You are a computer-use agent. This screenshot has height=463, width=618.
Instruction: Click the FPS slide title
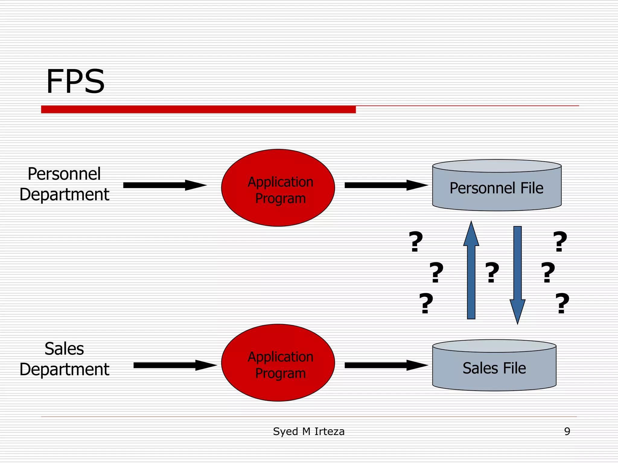pyautogui.click(x=75, y=81)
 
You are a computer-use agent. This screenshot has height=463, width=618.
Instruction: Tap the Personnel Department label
pyautogui.click(x=64, y=184)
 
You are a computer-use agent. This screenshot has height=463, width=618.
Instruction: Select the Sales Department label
pyautogui.click(x=64, y=359)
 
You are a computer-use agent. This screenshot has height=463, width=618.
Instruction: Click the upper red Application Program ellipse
pyautogui.click(x=278, y=188)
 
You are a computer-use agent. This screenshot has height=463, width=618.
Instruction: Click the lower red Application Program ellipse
pyautogui.click(x=278, y=363)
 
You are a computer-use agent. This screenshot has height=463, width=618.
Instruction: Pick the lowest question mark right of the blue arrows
pyautogui.click(x=562, y=303)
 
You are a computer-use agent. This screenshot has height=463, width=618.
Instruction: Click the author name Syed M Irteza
pyautogui.click(x=308, y=431)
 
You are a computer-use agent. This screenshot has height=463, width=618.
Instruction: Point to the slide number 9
pyautogui.click(x=567, y=431)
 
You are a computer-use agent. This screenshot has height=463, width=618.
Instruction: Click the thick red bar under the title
pyautogui.click(x=198, y=109)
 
